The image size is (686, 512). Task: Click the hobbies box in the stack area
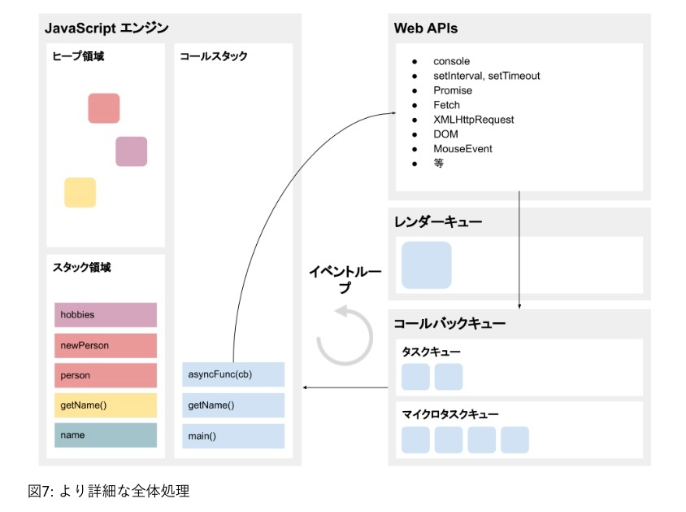coord(106,314)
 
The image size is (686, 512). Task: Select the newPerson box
coord(106,345)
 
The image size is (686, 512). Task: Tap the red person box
coord(106,375)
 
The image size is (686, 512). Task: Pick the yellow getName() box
coord(106,405)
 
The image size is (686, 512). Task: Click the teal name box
coord(106,435)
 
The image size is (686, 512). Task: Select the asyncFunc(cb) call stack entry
coord(233,374)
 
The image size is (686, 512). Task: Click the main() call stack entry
coord(233,435)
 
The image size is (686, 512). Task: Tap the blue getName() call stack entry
coord(233,405)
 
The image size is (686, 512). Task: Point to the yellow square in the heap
coord(80,192)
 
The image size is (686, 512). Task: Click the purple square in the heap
coord(131,151)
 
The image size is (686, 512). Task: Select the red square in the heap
coord(104,108)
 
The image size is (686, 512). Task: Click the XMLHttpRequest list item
coord(473,120)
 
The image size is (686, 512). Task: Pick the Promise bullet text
coord(453,90)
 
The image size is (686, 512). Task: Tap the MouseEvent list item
coord(462,149)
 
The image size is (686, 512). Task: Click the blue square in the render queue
coord(427,265)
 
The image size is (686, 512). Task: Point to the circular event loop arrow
coord(345,335)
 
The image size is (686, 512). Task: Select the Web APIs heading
coord(426,28)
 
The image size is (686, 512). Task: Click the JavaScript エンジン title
coord(106,28)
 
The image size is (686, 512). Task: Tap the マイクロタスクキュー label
coord(450,414)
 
